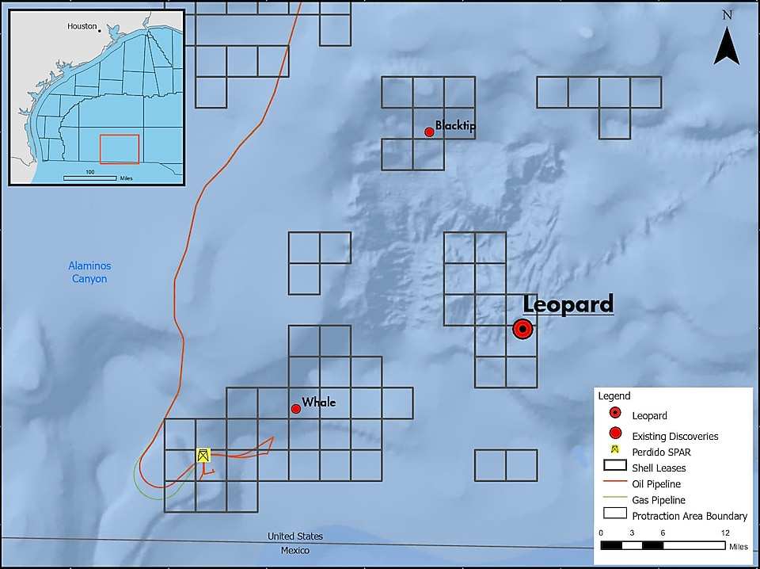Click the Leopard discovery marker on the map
pyautogui.click(x=522, y=329)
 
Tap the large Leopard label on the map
pyautogui.click(x=568, y=304)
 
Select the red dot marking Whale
pyautogui.click(x=295, y=409)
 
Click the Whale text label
pyautogui.click(x=318, y=403)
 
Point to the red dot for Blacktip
pyautogui.click(x=429, y=132)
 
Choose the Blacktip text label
pyautogui.click(x=455, y=126)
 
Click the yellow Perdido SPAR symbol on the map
pyautogui.click(x=203, y=455)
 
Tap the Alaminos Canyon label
pyautogui.click(x=89, y=273)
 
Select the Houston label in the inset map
pyautogui.click(x=82, y=26)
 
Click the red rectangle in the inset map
pyautogui.click(x=120, y=149)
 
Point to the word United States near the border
pyautogui.click(x=295, y=537)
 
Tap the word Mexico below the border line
pyautogui.click(x=295, y=551)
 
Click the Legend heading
pyautogui.click(x=614, y=396)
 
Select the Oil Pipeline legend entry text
pyautogui.click(x=656, y=484)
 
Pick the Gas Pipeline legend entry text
pyautogui.click(x=659, y=500)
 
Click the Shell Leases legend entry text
pyautogui.click(x=659, y=468)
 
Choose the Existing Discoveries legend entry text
pyautogui.click(x=675, y=437)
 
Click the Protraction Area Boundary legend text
pyautogui.click(x=690, y=516)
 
